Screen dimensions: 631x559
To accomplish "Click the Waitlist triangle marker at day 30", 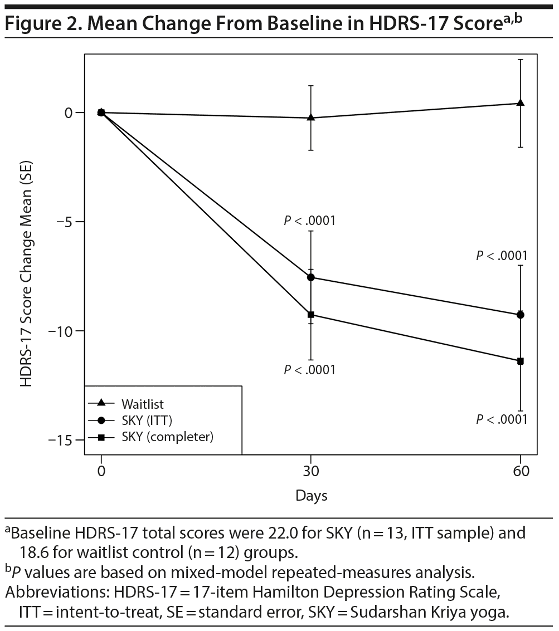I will tap(311, 118).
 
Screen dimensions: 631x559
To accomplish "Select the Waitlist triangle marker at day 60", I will tap(521, 103).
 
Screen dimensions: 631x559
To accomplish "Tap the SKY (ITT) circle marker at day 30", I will tap(311, 277).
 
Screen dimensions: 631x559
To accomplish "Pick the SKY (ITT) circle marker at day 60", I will tap(521, 315).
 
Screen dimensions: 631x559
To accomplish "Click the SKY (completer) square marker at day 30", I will tap(311, 315).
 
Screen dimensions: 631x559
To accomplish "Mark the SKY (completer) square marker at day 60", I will tap(521, 361).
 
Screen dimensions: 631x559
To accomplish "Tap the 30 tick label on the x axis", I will tap(311, 471).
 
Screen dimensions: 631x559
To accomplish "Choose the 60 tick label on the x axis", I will tap(521, 471).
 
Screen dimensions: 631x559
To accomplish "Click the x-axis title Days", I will tap(312, 495).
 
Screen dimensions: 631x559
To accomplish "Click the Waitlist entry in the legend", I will tap(143, 403).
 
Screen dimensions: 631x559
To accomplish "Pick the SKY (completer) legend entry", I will tap(167, 437).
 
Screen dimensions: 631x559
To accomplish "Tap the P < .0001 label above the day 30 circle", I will tap(310, 221).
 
